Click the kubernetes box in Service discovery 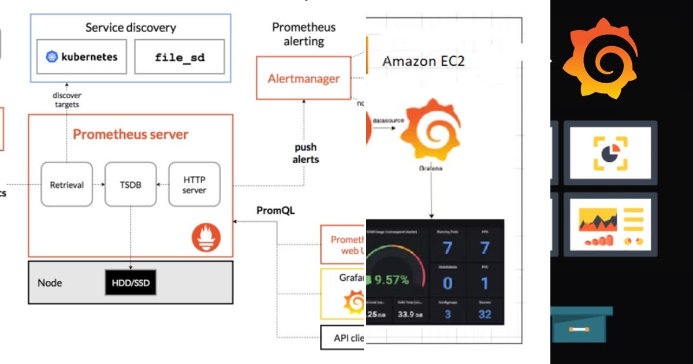[81, 57]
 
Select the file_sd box [180, 57]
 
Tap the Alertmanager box [304, 79]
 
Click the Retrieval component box [66, 185]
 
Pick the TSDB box [131, 185]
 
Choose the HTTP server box [194, 185]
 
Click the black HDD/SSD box [131, 283]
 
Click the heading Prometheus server [131, 135]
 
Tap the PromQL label [275, 211]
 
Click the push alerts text [305, 153]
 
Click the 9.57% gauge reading [391, 280]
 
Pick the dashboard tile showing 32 [485, 314]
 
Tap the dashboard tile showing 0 [448, 283]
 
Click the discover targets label [67, 99]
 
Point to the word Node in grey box [50, 283]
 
